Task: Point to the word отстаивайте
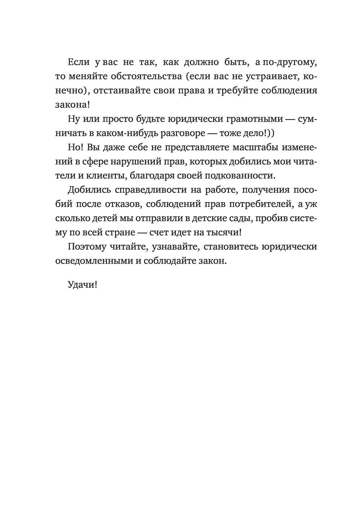pyautogui.click(x=117, y=90)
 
